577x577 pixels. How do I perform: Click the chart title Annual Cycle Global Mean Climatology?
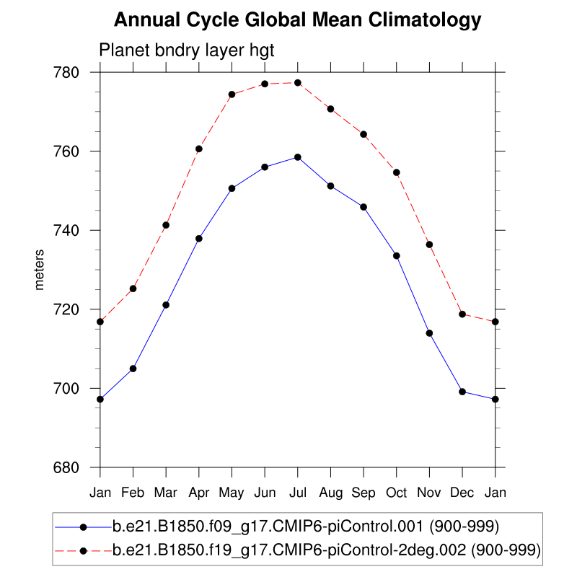pos(297,20)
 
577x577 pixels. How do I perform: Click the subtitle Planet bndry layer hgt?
pos(187,50)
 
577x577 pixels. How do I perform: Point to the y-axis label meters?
pos(40,270)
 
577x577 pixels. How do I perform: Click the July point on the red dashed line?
pos(297,83)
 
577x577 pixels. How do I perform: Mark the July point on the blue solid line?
pos(297,157)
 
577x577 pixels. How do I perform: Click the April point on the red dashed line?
pos(198,149)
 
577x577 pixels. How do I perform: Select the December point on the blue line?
pos(462,392)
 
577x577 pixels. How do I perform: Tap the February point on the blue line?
pos(133,369)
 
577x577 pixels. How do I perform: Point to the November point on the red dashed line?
pos(429,245)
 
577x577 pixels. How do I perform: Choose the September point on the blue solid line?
pos(364,207)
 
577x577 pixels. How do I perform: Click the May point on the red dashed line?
pos(232,94)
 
